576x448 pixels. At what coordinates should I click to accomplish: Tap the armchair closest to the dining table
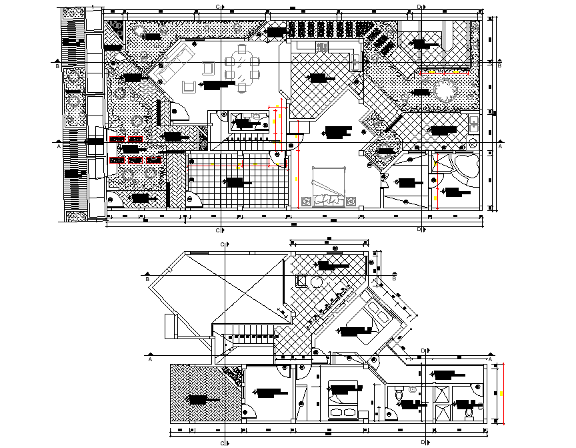click(208, 67)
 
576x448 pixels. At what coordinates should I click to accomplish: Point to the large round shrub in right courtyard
click(444, 89)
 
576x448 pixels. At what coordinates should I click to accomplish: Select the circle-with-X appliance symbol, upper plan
click(473, 144)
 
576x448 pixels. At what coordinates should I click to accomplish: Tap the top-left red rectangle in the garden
click(117, 140)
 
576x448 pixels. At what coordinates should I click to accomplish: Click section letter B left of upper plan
click(58, 66)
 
